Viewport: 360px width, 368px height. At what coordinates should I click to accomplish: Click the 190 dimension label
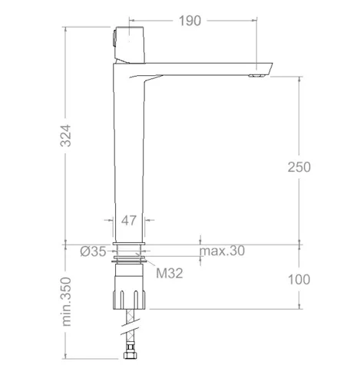click(x=190, y=21)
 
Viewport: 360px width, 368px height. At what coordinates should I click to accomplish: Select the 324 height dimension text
click(x=65, y=136)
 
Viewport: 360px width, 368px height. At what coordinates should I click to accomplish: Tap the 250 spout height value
click(x=299, y=167)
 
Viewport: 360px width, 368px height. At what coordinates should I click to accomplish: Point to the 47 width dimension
click(x=129, y=220)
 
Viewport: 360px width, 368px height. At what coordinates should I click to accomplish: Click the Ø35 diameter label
click(x=93, y=251)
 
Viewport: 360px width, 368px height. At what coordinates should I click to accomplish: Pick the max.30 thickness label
click(x=222, y=251)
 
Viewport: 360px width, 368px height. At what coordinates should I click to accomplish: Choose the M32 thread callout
click(x=170, y=273)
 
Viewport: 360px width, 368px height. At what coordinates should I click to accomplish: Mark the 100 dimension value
click(x=299, y=279)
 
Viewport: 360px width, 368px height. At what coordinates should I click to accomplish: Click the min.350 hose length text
click(x=66, y=301)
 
